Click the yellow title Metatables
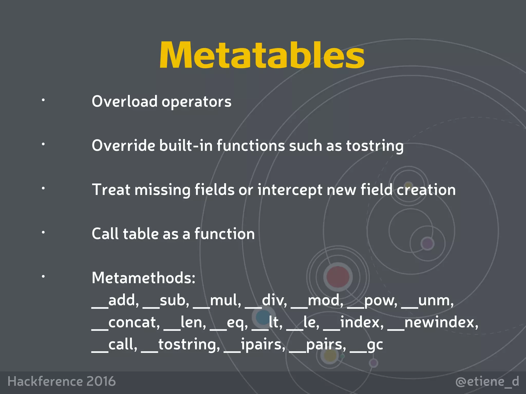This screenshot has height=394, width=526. click(x=262, y=55)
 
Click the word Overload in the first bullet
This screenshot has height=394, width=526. click(x=125, y=101)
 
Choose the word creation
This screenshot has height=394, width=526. click(x=426, y=190)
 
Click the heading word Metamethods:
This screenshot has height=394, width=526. click(x=144, y=278)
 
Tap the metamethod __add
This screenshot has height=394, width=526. click(x=115, y=300)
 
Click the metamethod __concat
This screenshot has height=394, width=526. click(x=126, y=323)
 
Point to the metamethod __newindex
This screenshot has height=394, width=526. click(x=433, y=322)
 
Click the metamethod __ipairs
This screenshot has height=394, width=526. click(x=254, y=344)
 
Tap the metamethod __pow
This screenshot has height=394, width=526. click(x=372, y=301)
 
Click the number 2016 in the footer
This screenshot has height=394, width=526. click(x=101, y=381)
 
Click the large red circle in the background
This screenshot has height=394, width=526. click(x=338, y=277)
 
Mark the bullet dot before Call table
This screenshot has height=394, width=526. click(x=43, y=232)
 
